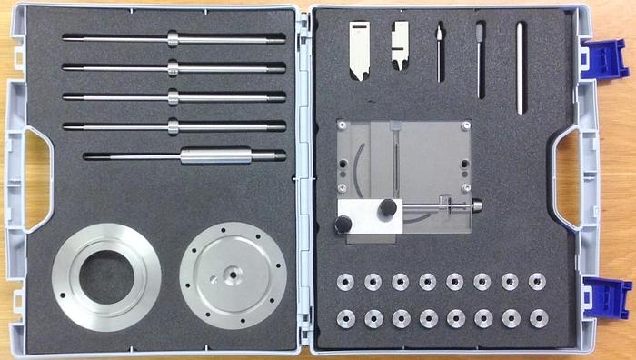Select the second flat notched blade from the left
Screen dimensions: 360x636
click(x=399, y=50)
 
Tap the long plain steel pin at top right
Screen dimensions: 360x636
click(x=520, y=68)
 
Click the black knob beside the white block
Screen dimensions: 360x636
click(x=388, y=208)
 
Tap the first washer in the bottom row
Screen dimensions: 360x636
click(x=345, y=318)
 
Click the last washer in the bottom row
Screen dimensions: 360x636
click(x=537, y=318)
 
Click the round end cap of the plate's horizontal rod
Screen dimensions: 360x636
click(x=476, y=208)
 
